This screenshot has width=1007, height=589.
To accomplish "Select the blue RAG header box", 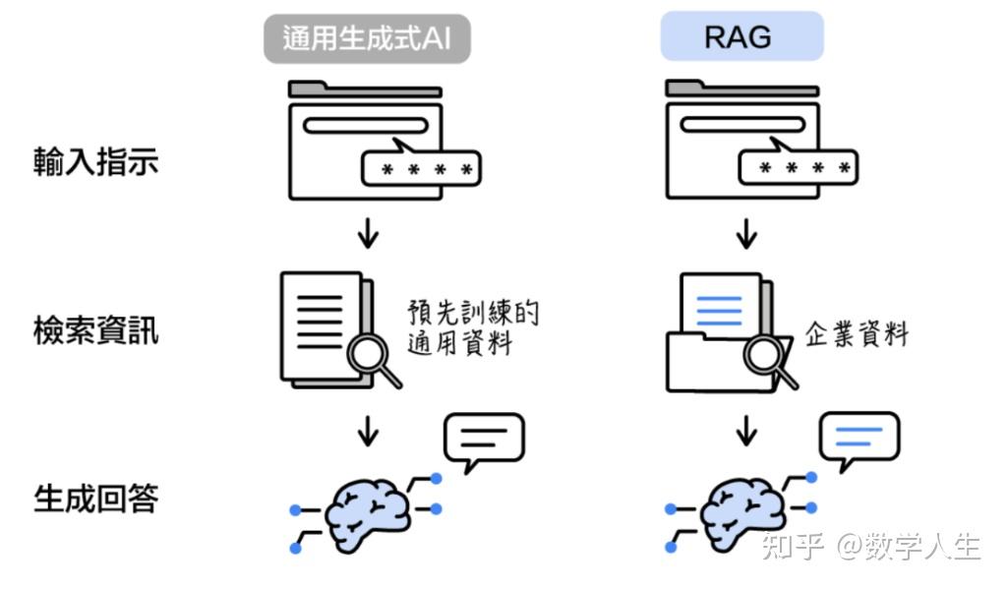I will point(741,37).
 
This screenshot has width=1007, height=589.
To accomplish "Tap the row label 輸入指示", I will point(95,161).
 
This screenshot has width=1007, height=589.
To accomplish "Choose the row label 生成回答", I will point(95,499).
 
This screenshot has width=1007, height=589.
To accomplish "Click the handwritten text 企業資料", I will point(857,334).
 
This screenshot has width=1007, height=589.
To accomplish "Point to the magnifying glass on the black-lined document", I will point(375,360).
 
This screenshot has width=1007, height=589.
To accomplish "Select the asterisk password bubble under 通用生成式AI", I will point(421,169).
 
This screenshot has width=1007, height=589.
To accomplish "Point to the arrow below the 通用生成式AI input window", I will point(368,233).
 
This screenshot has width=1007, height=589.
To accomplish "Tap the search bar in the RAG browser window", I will point(742,125).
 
